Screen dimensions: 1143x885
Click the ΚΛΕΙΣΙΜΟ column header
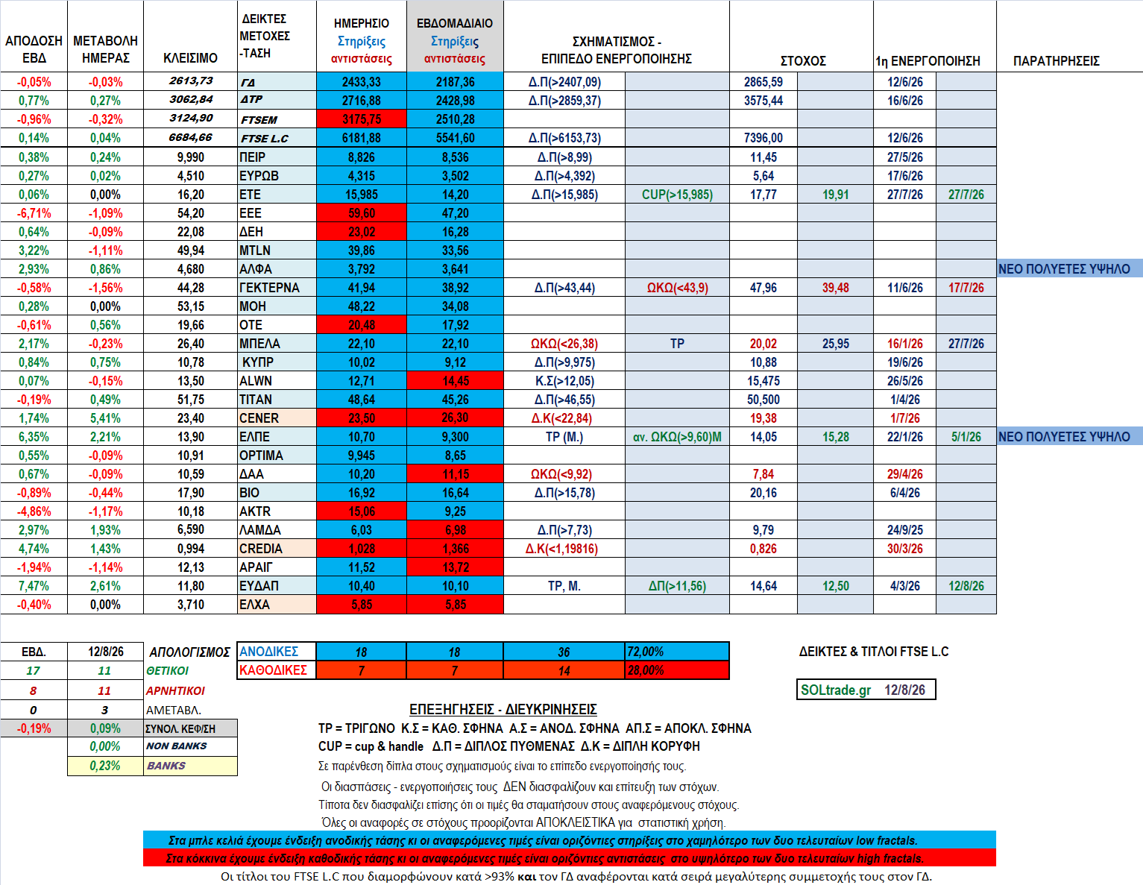190,58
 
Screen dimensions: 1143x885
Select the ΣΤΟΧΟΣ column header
803,61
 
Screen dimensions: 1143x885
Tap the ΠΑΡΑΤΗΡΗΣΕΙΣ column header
1057,61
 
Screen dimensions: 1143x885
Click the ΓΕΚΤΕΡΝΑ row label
268,288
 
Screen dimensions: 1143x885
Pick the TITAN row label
256,400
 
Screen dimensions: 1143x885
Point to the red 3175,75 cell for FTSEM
362,119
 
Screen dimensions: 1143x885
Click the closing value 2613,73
191,81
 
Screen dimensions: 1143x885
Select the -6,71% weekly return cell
34,213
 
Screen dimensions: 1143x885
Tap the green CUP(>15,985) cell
677,195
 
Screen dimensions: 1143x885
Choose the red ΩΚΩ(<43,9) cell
677,288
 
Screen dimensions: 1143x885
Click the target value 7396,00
763,138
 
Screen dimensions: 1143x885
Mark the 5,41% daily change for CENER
105,418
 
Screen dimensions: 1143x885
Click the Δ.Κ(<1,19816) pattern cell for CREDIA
561,549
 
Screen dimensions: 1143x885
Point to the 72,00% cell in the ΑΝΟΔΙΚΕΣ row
646,652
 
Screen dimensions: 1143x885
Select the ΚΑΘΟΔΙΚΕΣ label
273,670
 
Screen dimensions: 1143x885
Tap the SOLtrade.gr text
836,690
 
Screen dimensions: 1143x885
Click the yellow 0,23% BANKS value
105,766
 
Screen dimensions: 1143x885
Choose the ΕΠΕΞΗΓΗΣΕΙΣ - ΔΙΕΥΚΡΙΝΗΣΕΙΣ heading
503,709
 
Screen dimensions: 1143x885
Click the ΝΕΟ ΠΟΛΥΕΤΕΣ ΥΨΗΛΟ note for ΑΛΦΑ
1064,268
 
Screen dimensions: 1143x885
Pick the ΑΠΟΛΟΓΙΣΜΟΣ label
189,652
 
